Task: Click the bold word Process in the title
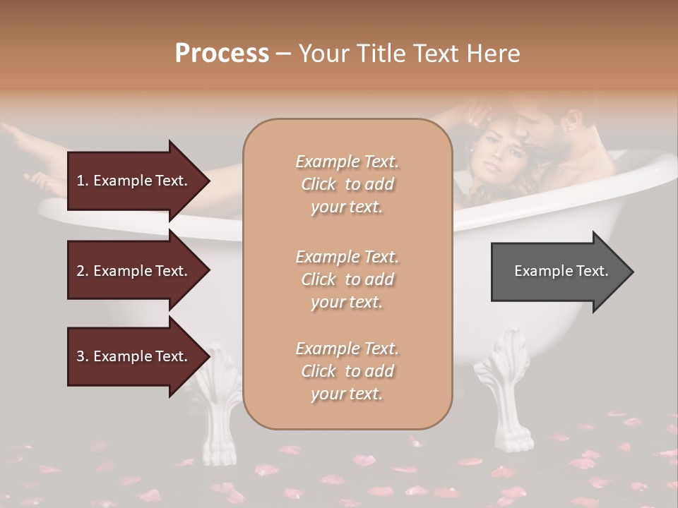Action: (222, 54)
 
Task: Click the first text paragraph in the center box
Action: (347, 184)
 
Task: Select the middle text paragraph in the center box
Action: (347, 279)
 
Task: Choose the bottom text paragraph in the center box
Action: (347, 371)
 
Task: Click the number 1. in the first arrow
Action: (82, 181)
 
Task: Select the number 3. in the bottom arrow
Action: (82, 356)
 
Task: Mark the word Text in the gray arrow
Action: (593, 271)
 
